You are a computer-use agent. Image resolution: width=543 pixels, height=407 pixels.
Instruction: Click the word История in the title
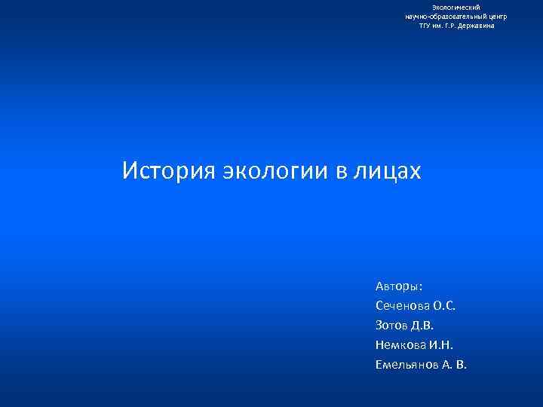tap(168, 171)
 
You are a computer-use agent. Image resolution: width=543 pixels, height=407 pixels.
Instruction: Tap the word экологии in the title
tap(275, 171)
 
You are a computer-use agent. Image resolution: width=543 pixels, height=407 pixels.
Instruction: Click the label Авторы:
tap(399, 286)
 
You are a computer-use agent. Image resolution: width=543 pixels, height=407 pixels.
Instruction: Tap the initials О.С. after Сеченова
tap(446, 306)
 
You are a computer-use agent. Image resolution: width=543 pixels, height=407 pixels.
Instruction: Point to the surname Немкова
tap(400, 345)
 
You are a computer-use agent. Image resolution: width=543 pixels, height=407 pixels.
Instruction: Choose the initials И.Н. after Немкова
tap(441, 345)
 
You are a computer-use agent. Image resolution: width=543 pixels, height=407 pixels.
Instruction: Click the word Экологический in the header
tap(456, 7)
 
